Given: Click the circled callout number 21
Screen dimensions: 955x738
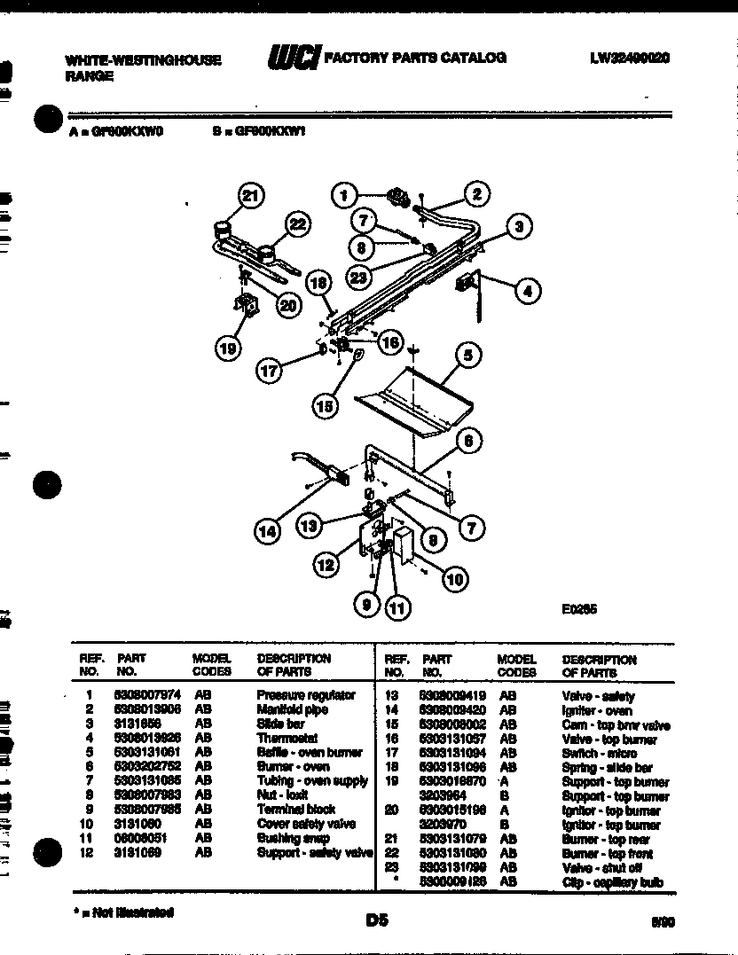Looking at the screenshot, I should (x=252, y=196).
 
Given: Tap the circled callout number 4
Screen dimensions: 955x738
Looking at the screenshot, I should (x=529, y=290).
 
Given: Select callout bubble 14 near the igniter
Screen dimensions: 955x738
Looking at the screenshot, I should (x=267, y=531).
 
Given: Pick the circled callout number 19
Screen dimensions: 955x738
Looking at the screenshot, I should (x=228, y=348).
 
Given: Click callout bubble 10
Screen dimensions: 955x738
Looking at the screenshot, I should (x=453, y=580).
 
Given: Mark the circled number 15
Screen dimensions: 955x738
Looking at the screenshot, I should (x=326, y=405).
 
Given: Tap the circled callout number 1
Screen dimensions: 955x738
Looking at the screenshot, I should (x=344, y=195).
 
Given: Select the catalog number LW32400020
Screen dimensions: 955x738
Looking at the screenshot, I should (x=629, y=58).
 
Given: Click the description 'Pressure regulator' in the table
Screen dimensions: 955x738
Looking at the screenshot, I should (x=306, y=695).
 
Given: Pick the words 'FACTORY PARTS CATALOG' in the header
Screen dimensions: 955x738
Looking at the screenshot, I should (x=415, y=58).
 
